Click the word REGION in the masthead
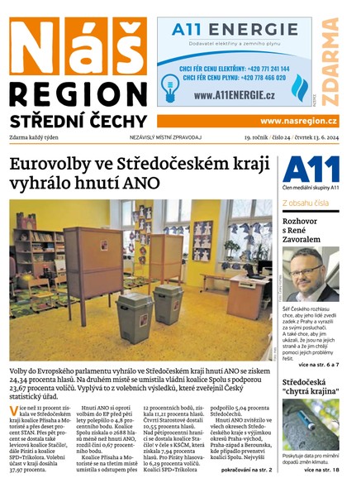tap(77, 93)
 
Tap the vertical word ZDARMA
tap(330, 62)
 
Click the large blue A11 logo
tap(311, 170)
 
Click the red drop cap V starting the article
tap(13, 411)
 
